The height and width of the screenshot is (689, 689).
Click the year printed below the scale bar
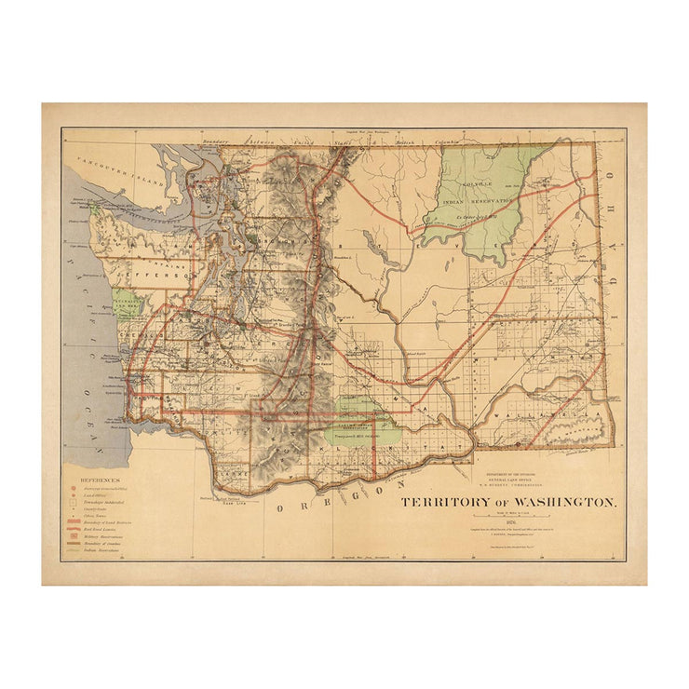pos(507,520)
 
